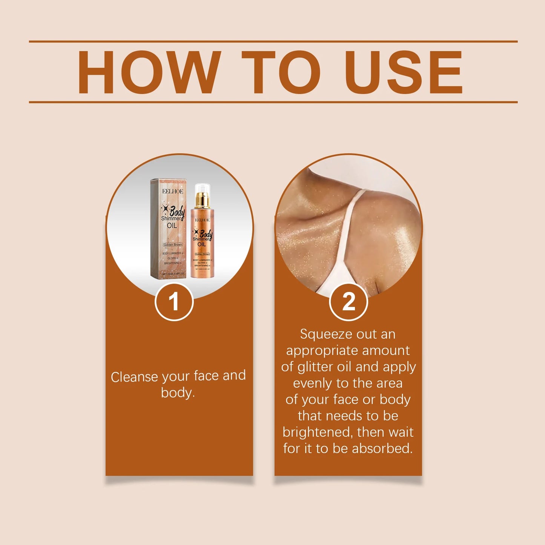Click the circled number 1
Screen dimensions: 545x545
[174, 302]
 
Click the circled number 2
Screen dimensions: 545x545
[348, 302]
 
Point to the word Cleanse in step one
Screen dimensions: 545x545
[134, 377]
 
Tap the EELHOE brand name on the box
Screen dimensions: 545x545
[173, 191]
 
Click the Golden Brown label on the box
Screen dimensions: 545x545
[173, 245]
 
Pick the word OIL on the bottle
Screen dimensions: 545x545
[202, 244]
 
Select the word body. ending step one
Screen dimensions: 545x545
[178, 393]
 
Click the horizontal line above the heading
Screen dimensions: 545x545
[273, 41]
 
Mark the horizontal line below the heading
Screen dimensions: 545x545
[273, 102]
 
